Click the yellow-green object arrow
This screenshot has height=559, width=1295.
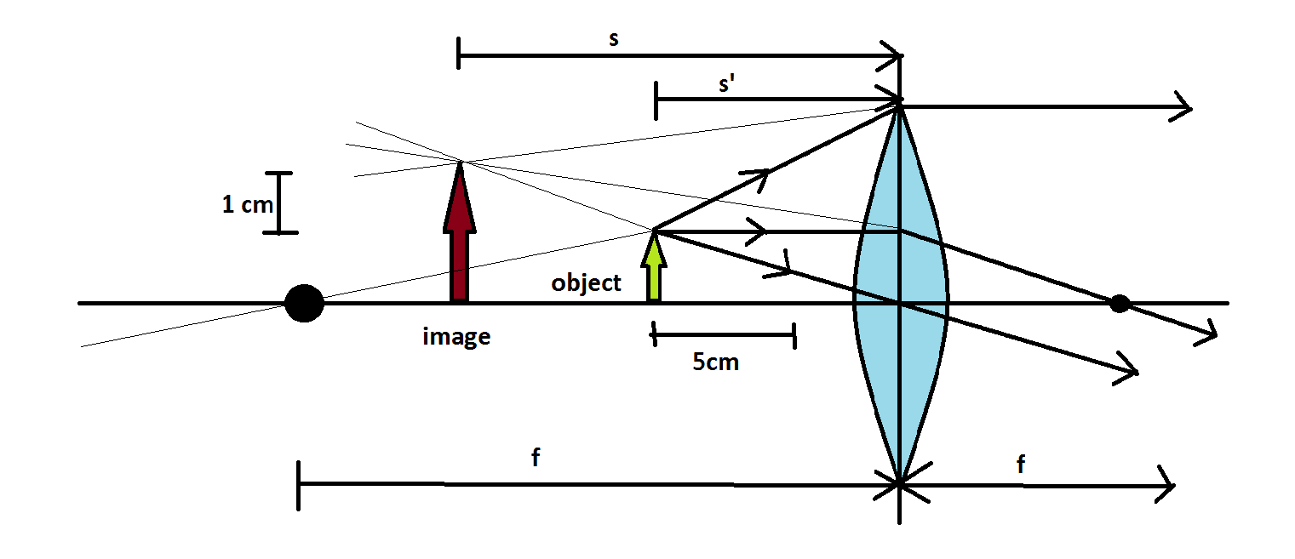point(654,268)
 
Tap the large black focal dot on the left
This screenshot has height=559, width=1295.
point(304,303)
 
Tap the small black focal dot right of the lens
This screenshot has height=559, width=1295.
point(1120,303)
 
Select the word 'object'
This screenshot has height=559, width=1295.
point(586,282)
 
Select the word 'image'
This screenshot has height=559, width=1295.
point(456,336)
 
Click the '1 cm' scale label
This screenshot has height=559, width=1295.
point(247,204)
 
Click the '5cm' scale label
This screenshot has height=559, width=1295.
point(715,362)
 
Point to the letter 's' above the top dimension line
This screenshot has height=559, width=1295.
point(614,41)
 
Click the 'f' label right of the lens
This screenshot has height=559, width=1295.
point(1020,465)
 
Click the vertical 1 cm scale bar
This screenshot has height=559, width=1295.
point(279,202)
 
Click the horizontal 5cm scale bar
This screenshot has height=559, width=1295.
point(724,335)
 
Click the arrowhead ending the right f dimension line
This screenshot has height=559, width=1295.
point(1166,485)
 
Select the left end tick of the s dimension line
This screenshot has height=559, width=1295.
point(459,53)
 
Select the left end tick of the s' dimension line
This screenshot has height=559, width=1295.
point(656,100)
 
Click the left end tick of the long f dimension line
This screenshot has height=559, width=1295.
point(299,485)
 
